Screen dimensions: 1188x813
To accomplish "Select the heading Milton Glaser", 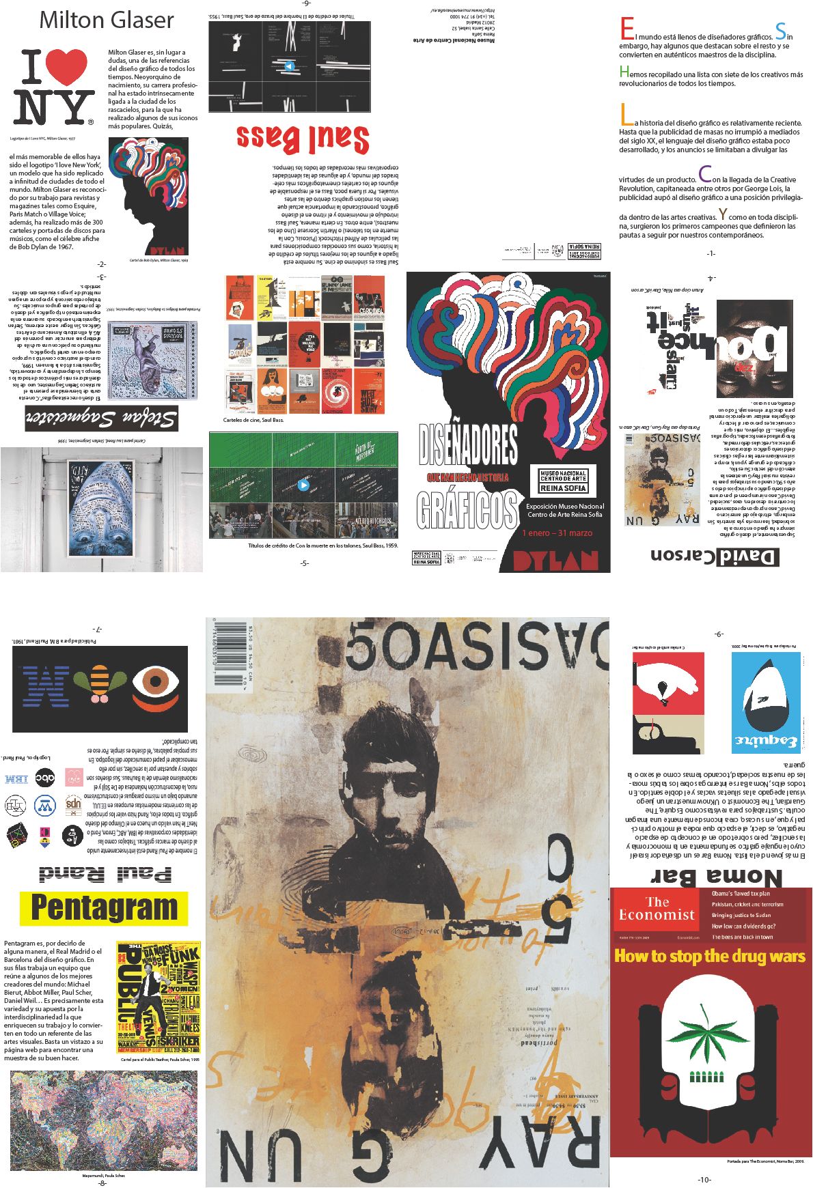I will (x=107, y=20).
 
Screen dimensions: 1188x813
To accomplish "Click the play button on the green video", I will (x=303, y=485).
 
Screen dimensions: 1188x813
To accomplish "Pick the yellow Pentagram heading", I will (x=104, y=908).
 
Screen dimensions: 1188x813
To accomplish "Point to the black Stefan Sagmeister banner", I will (x=102, y=418).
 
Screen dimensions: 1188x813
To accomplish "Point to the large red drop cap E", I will (x=626, y=30).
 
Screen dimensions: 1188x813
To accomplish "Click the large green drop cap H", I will (x=624, y=72).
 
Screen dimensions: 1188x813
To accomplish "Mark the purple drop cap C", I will (x=704, y=175).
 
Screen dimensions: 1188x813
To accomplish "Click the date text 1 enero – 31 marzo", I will (x=557, y=533).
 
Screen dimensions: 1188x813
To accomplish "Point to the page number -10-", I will (x=704, y=1179).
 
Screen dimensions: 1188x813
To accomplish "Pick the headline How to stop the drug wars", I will (x=710, y=957).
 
